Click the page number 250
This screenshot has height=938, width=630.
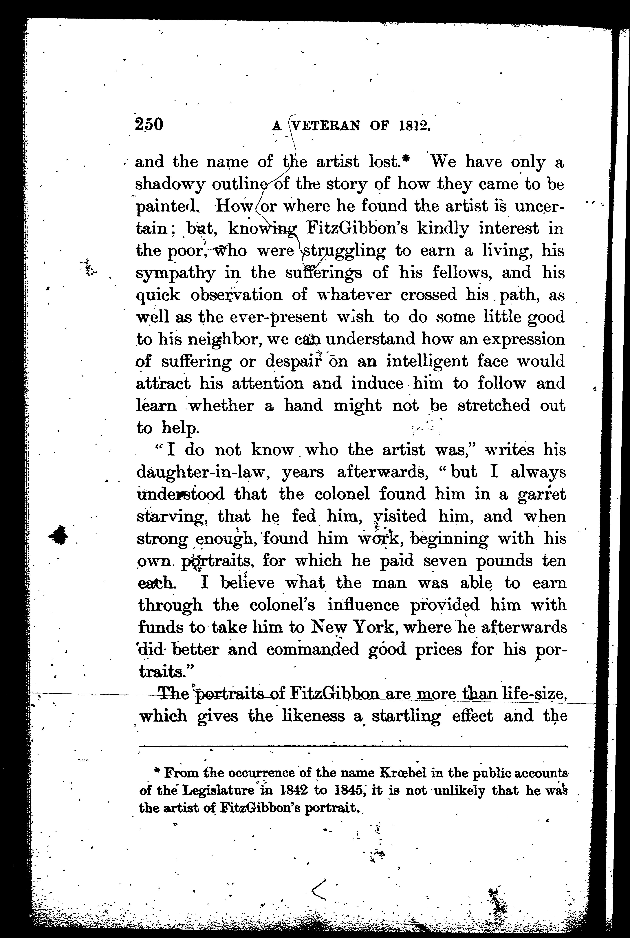click(x=149, y=124)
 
